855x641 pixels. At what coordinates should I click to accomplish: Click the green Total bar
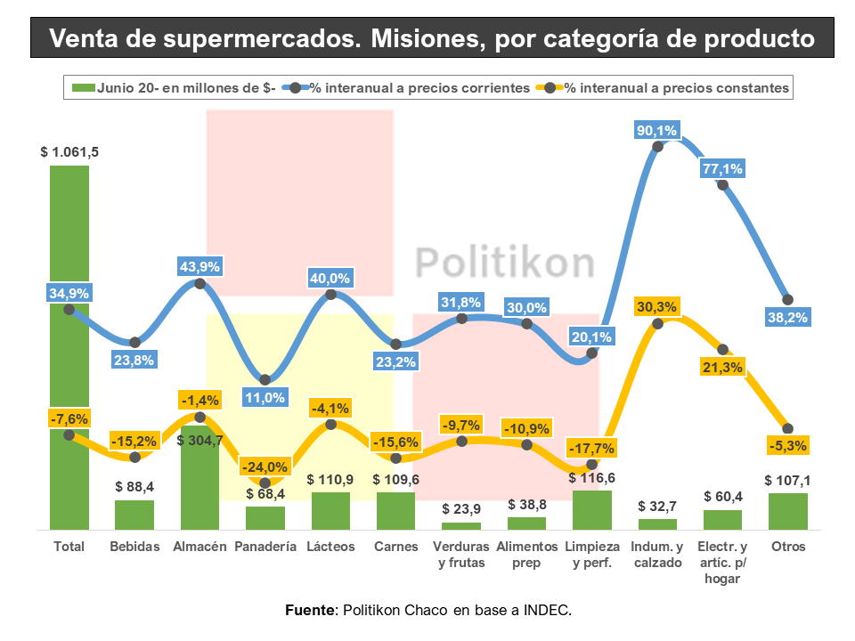pyautogui.click(x=69, y=356)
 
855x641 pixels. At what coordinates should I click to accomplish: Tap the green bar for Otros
pyautogui.click(x=788, y=512)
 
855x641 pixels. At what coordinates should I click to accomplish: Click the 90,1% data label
pyautogui.click(x=656, y=131)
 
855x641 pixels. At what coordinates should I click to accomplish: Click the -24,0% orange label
pyautogui.click(x=265, y=467)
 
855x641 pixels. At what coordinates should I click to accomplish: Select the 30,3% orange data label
pyautogui.click(x=657, y=307)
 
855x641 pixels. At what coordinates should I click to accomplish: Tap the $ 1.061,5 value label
pyautogui.click(x=69, y=152)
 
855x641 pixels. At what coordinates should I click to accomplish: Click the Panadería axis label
pyautogui.click(x=265, y=547)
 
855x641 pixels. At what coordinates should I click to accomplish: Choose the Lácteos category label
pyautogui.click(x=330, y=547)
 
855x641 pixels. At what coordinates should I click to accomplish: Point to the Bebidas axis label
pyautogui.click(x=134, y=547)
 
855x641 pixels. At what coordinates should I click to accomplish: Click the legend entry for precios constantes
pyautogui.click(x=677, y=87)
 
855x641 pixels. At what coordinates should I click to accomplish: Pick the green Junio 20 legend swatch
pyautogui.click(x=83, y=87)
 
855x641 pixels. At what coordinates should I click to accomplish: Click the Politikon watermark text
pyautogui.click(x=505, y=263)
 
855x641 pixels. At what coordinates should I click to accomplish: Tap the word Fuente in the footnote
pyautogui.click(x=307, y=610)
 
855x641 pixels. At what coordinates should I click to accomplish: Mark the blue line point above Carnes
pyautogui.click(x=396, y=344)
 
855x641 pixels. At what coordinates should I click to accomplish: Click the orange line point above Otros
pyautogui.click(x=787, y=429)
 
